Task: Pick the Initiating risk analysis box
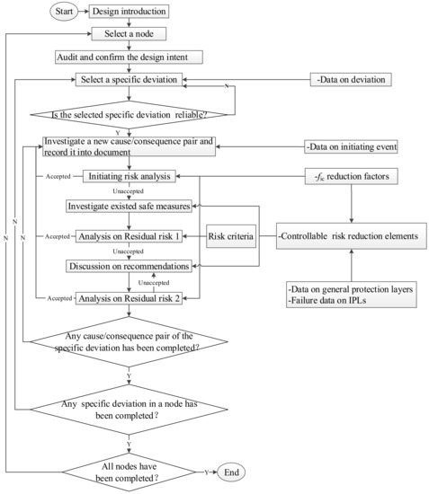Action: (x=131, y=176)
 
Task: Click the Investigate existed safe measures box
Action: (x=130, y=207)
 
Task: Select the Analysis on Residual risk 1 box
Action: (x=131, y=237)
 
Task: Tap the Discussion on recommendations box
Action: (x=130, y=267)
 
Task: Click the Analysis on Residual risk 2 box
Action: (x=131, y=297)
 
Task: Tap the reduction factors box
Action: (x=352, y=176)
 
